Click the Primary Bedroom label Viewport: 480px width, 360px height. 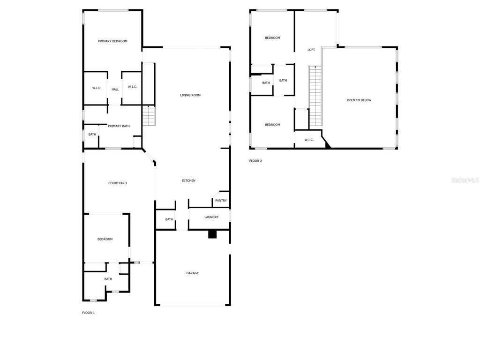point(112,41)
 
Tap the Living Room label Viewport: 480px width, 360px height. point(190,95)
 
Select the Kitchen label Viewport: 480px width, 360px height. point(189,180)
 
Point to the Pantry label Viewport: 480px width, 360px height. point(221,201)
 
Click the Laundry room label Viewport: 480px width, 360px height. point(211,217)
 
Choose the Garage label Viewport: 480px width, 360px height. point(193,273)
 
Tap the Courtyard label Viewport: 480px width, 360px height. point(118,183)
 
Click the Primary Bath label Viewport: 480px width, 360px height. point(119,126)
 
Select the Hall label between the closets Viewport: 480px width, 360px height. point(115,89)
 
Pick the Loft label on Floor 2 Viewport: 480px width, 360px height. point(311,50)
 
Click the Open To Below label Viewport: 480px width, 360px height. point(359,100)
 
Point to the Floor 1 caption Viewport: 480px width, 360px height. point(89,313)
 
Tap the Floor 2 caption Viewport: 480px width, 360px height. point(255,161)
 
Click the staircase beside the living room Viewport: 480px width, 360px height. point(149,116)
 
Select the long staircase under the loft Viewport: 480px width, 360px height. point(315,96)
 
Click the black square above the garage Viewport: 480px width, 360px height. point(212,234)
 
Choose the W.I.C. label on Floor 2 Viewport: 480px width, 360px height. point(309,140)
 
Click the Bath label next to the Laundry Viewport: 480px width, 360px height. point(169,219)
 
